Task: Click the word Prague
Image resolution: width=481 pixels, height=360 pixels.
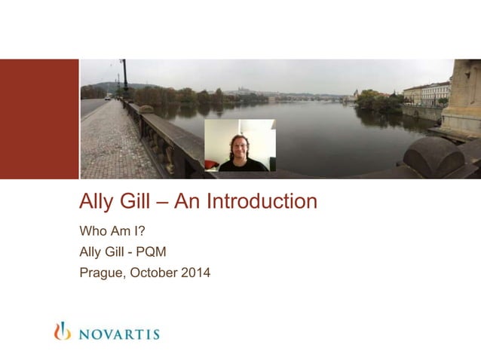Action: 102,273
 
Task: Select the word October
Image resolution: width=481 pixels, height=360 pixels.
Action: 154,273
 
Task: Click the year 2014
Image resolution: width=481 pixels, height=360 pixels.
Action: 195,273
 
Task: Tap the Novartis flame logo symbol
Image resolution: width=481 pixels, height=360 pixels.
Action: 62,331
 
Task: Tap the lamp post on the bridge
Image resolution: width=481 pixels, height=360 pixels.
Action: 124,79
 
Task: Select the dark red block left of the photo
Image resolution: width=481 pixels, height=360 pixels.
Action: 39,119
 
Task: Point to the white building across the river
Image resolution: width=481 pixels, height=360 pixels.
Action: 426,93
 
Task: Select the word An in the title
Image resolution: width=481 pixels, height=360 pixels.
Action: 184,202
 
